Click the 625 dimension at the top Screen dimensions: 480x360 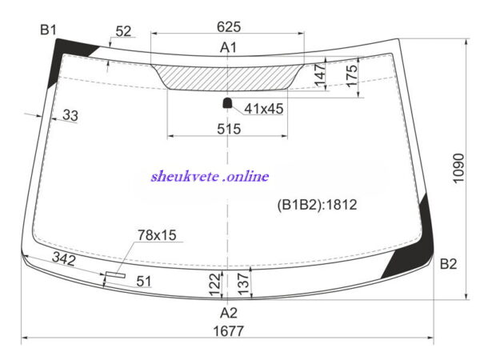(x=229, y=27)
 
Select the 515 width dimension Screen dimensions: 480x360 (x=229, y=129)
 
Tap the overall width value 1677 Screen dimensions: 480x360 (x=228, y=331)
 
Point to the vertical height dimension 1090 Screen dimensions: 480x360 (x=458, y=168)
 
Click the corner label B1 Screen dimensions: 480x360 (x=48, y=30)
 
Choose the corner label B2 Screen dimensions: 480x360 (x=448, y=263)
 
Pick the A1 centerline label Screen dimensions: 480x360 (x=228, y=47)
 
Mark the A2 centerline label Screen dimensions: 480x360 (x=228, y=313)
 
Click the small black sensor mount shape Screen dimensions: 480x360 (x=227, y=103)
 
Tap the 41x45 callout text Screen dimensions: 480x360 (x=263, y=109)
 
